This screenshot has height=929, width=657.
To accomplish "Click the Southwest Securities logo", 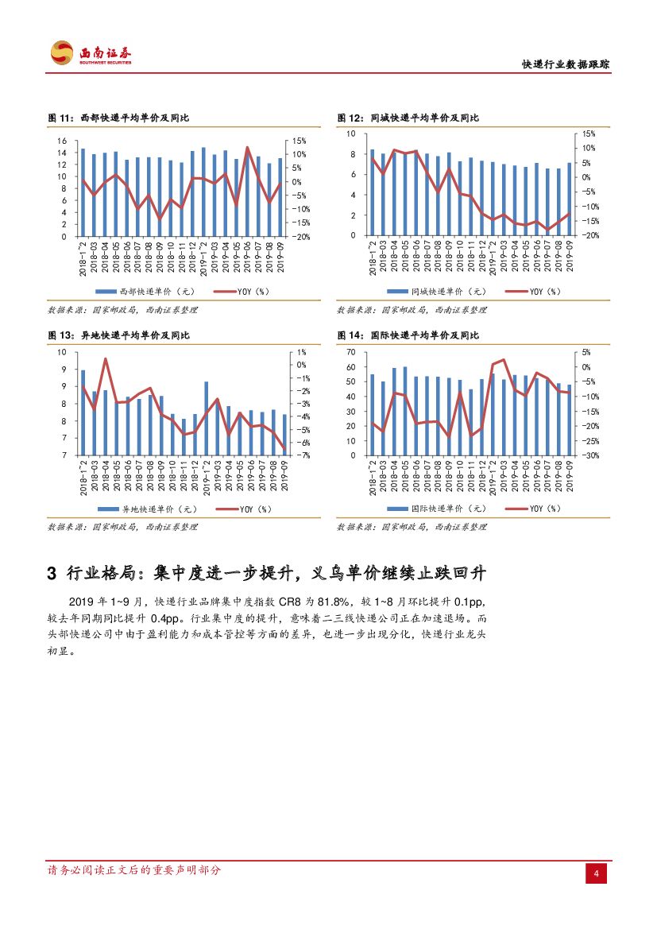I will pyautogui.click(x=91, y=53).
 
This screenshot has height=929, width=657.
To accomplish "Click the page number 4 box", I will pyautogui.click(x=596, y=874).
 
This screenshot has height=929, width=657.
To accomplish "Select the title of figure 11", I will pyautogui.click(x=118, y=118).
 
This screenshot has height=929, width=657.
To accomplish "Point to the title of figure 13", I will pyautogui.click(x=118, y=335).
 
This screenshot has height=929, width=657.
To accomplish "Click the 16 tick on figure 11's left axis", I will pyautogui.click(x=62, y=141).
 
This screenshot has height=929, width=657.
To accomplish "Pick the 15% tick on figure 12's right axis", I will pyautogui.click(x=589, y=134).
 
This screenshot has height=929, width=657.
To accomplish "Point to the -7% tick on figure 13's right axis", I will pyautogui.click(x=301, y=455).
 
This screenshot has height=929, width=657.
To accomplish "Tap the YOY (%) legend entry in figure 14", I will pyautogui.click(x=539, y=509).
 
